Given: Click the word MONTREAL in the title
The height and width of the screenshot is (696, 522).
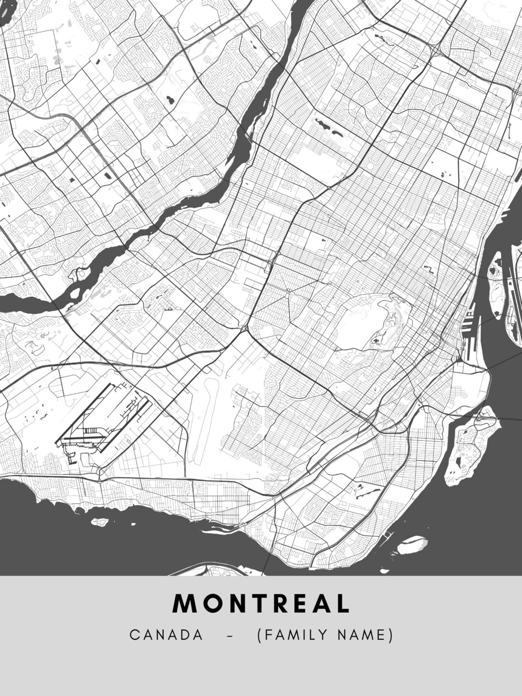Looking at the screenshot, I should coord(261,604).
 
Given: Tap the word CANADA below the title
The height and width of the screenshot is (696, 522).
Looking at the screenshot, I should coord(166,635).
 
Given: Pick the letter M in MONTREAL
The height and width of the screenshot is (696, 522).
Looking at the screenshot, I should coord(183,604).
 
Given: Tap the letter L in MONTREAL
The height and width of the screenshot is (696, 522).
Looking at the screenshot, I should coord(343,604).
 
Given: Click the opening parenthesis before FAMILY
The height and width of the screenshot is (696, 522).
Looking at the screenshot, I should coord(260,635).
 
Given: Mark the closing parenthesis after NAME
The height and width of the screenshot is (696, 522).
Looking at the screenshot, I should coord(391,635).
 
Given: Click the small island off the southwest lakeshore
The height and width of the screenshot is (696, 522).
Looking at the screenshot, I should coord(100,522).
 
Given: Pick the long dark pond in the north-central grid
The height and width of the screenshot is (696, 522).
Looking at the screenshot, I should coord(329,127).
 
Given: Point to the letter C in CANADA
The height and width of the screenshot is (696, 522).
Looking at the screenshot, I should coord(134,635).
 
